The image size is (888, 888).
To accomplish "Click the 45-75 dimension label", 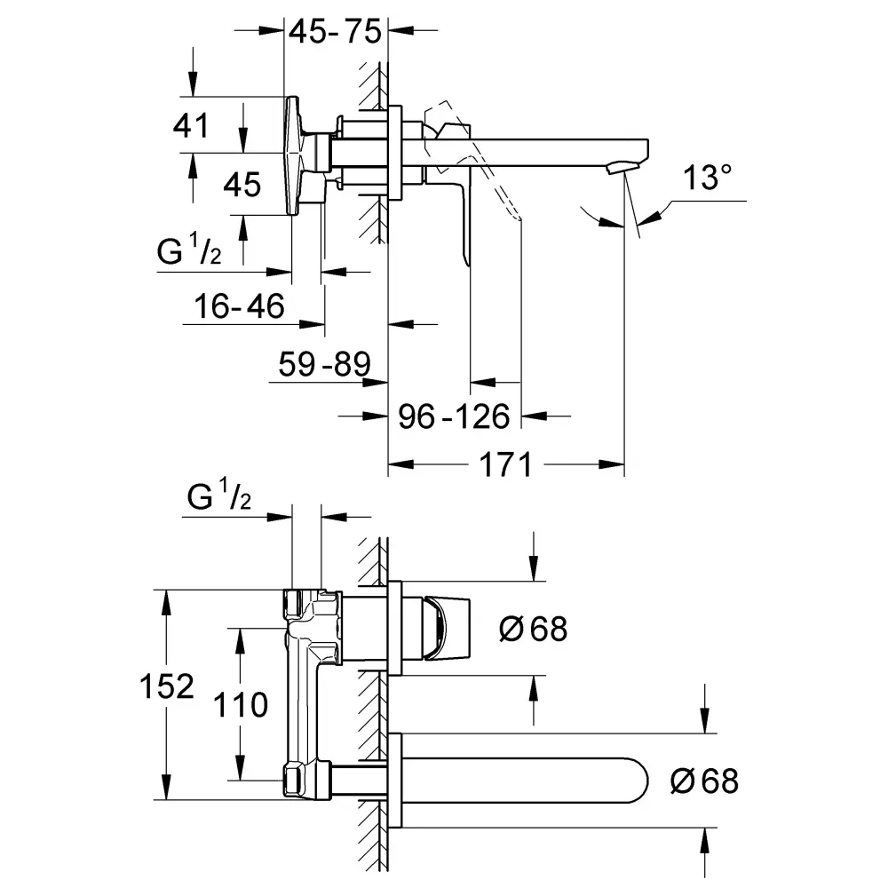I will point(334,32).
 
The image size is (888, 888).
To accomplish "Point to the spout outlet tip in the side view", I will point(625,166).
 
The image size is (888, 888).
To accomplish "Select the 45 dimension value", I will point(242,185).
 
